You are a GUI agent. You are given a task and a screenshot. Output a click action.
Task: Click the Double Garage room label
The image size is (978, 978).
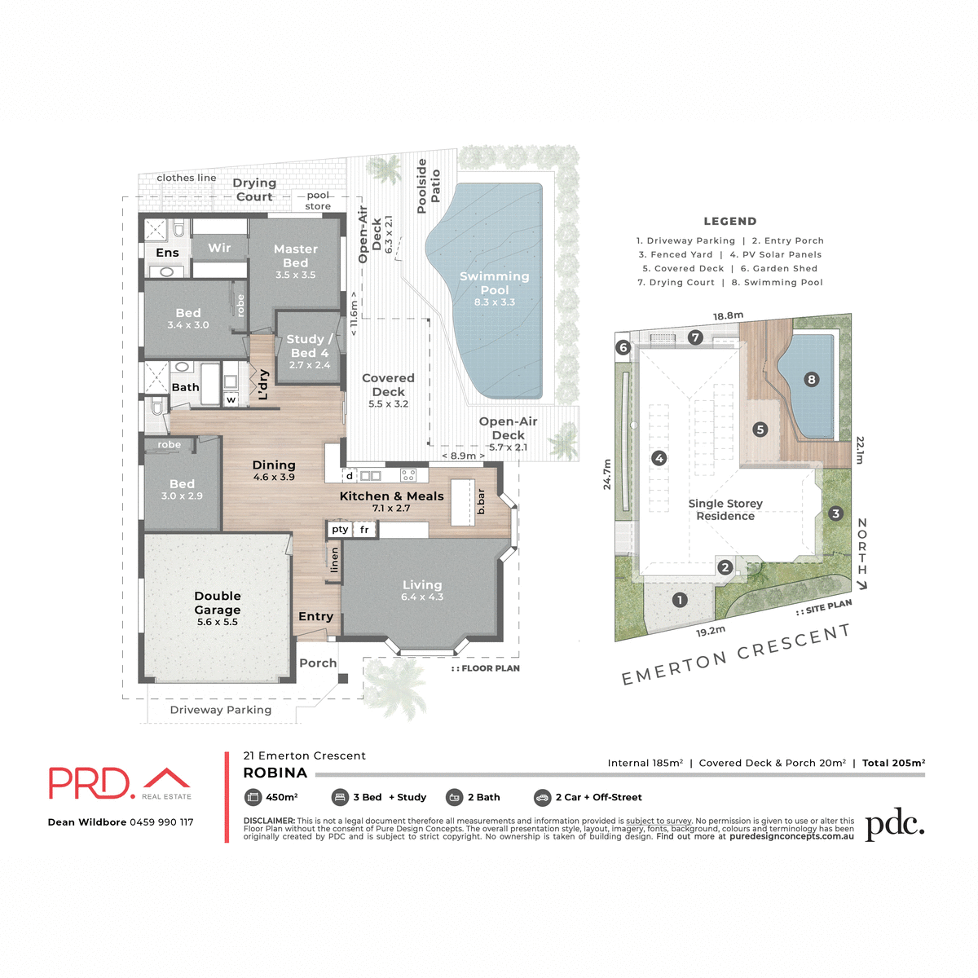(x=218, y=603)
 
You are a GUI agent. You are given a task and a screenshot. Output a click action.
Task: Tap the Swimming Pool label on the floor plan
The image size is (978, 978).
(x=494, y=283)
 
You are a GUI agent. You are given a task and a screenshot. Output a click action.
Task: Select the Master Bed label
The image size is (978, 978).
(x=295, y=256)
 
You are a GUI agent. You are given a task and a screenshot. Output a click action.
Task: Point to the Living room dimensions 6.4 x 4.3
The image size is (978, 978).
(x=422, y=597)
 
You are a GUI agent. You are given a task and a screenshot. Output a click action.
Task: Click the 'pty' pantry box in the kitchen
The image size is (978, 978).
(x=340, y=530)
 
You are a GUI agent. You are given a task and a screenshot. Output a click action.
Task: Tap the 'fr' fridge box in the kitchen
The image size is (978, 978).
(x=364, y=530)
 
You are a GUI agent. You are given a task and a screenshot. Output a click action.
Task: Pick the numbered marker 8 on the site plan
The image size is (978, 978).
(x=810, y=379)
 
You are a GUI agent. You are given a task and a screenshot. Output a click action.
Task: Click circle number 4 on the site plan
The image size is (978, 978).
(x=659, y=458)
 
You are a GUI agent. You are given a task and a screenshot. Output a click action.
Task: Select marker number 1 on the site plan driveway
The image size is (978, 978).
(x=680, y=600)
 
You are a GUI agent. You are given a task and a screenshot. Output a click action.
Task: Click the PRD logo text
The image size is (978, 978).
(x=90, y=783)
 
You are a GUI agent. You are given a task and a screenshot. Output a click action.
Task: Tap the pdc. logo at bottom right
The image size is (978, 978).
(x=894, y=825)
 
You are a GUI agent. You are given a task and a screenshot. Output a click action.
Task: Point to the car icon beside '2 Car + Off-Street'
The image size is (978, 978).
(x=542, y=797)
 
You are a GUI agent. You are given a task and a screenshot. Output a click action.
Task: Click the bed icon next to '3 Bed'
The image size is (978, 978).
(x=340, y=797)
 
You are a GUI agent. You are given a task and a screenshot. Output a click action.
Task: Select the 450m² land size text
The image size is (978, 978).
(x=282, y=797)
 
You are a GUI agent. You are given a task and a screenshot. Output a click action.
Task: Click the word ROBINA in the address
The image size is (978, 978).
(x=275, y=773)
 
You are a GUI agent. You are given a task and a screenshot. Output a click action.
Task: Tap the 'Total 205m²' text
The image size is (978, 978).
(x=893, y=763)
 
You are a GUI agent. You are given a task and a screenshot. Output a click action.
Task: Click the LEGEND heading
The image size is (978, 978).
(x=730, y=221)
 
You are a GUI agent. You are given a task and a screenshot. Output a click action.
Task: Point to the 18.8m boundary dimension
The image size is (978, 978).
(x=728, y=316)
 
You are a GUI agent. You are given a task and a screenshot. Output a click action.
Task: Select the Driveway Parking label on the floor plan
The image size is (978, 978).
(x=221, y=710)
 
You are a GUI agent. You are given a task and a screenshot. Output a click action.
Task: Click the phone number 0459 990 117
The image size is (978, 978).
(x=161, y=822)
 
